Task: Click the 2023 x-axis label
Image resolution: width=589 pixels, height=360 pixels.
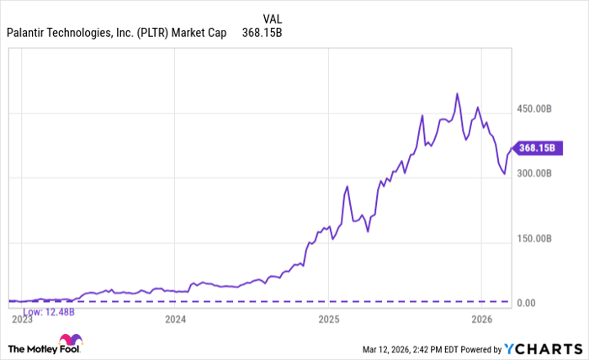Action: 22,320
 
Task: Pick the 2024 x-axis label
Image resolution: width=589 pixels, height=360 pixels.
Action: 175,320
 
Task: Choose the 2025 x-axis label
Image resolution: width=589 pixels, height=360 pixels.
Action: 328,320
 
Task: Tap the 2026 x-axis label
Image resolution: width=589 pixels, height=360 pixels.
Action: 481,320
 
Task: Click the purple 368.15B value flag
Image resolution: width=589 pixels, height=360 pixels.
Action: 536,147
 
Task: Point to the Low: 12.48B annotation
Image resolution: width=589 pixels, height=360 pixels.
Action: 49,311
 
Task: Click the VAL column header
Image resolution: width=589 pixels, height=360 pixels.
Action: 272,19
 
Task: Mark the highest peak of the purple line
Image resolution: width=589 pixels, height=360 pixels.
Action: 457,93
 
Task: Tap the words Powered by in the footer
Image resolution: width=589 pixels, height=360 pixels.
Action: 479,348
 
